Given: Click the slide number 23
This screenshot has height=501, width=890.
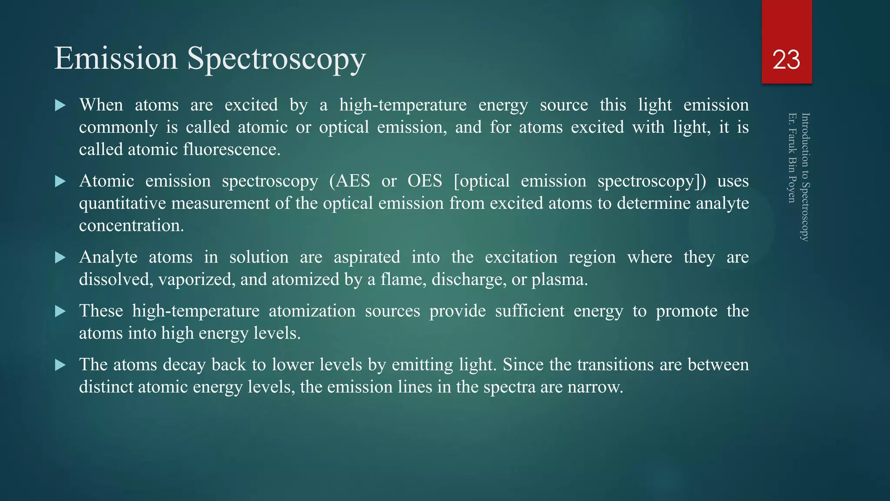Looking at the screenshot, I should (x=786, y=60).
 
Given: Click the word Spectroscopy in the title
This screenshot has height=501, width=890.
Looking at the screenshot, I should (x=276, y=59).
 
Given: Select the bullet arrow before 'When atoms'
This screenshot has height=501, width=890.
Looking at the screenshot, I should (x=60, y=105).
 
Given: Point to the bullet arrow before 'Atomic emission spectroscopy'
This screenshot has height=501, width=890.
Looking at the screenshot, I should (x=60, y=181).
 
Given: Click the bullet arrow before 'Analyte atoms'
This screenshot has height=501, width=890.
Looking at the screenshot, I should (x=60, y=257).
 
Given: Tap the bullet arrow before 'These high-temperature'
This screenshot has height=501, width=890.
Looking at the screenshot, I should (x=60, y=311).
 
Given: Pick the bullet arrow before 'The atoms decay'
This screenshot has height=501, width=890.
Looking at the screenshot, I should (x=60, y=365).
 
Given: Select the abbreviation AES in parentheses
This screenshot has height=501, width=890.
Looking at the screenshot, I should (x=352, y=181).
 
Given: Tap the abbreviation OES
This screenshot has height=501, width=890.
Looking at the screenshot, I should (x=425, y=181).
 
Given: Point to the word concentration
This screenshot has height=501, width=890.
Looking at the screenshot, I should (x=131, y=226).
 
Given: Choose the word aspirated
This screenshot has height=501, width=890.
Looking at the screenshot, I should (x=367, y=257).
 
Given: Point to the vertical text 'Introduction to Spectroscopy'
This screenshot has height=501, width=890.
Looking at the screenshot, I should (x=805, y=177).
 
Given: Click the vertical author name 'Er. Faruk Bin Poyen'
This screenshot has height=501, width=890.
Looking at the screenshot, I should (x=792, y=158).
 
